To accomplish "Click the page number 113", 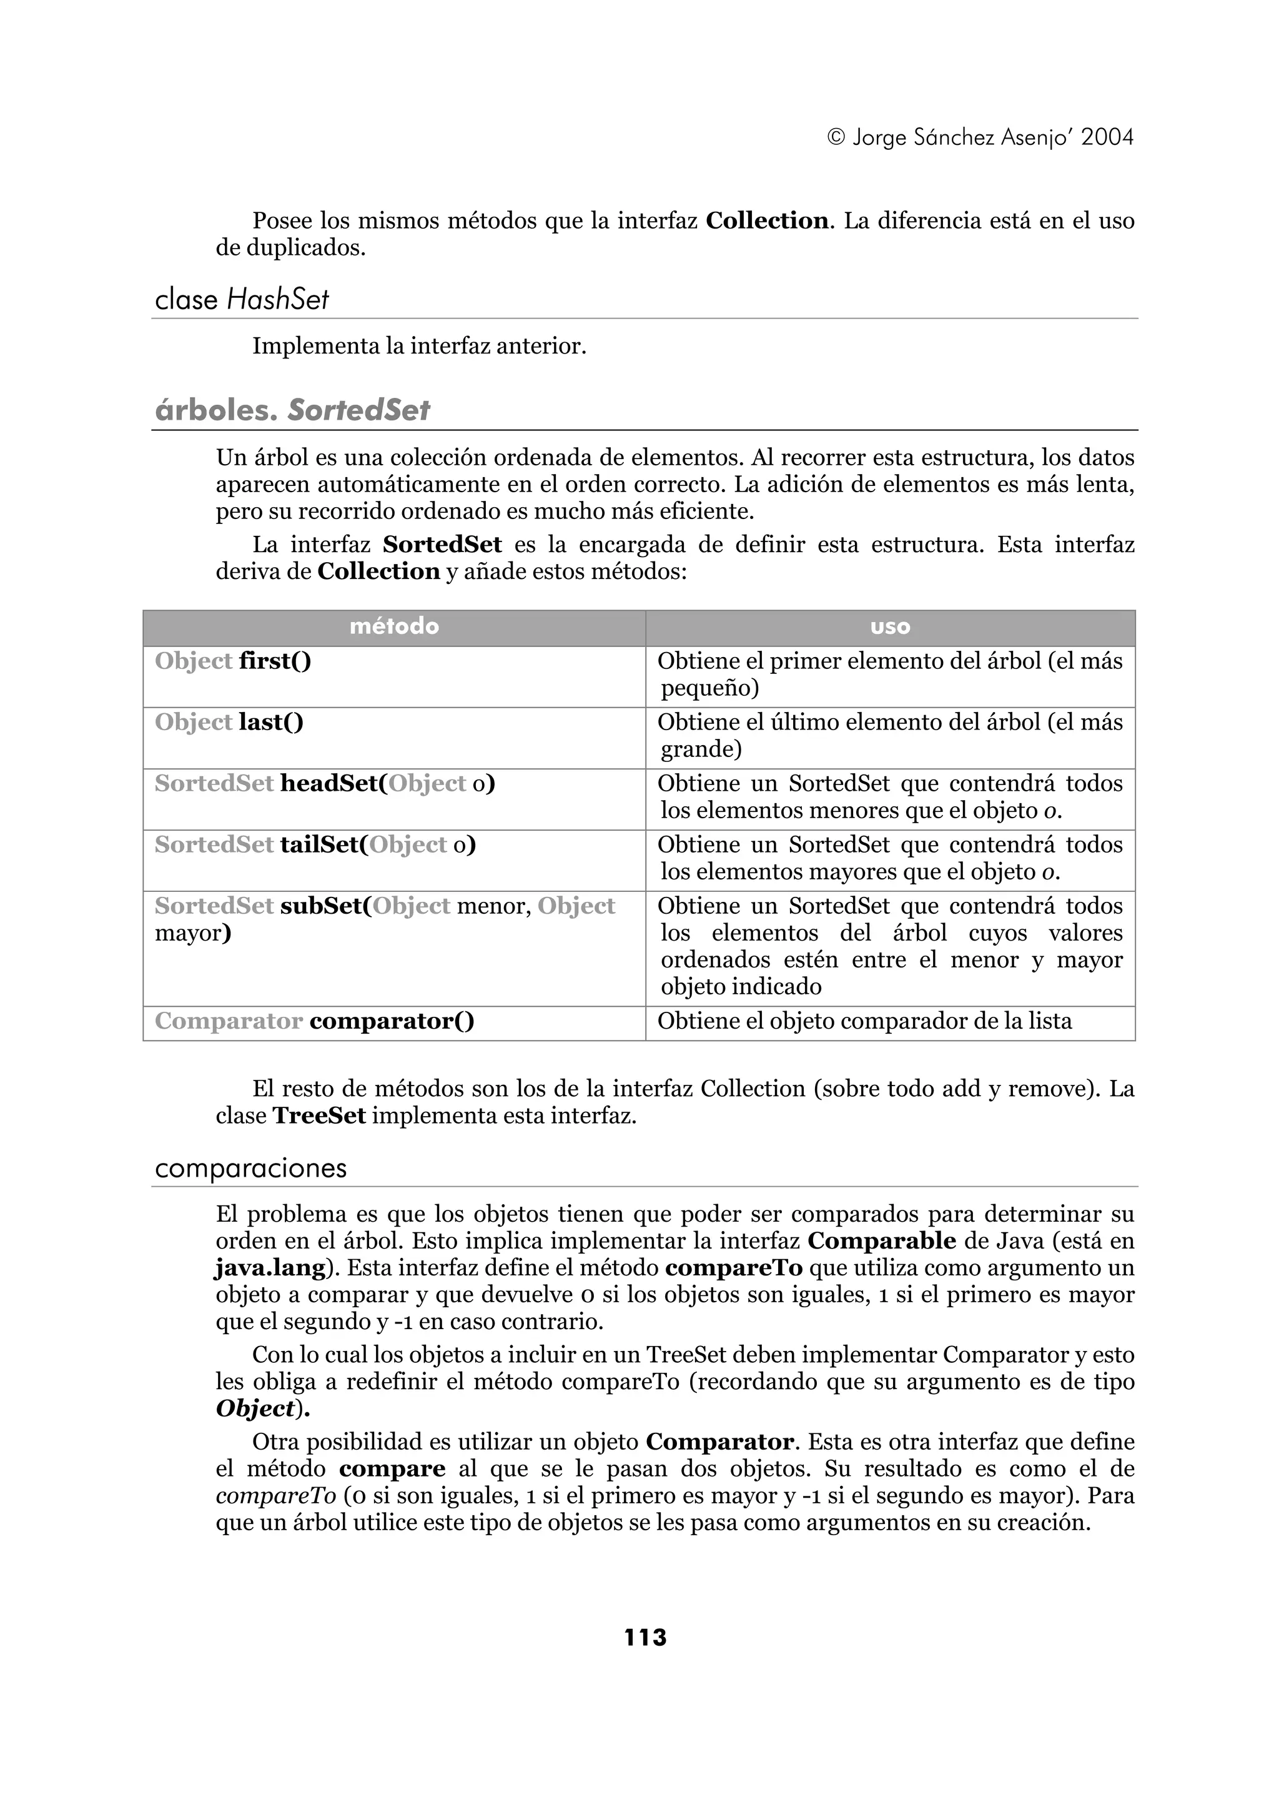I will point(644,1638).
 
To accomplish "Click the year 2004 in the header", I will point(1107,137).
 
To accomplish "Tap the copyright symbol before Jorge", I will point(837,138).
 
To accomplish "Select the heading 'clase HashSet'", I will point(241,300).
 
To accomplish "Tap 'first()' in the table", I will point(275,661).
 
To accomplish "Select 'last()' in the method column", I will point(271,722).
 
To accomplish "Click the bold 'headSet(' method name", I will point(333,784).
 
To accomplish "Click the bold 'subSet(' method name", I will point(325,907).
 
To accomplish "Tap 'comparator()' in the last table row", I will point(392,1022).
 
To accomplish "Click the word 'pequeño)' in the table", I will point(709,688).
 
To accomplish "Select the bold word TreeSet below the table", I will point(319,1116).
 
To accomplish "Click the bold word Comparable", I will point(881,1241).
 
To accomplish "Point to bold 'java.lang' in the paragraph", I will point(270,1268).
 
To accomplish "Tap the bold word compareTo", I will point(733,1268).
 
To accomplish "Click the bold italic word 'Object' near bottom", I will point(255,1409).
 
